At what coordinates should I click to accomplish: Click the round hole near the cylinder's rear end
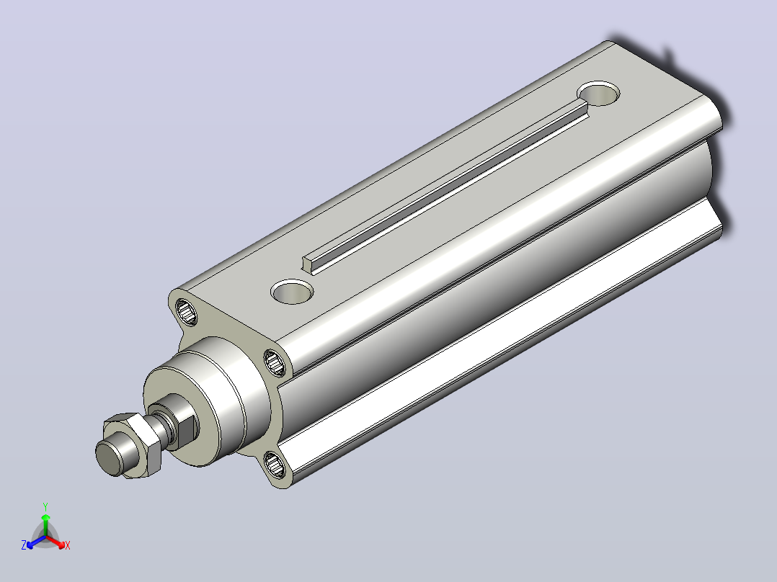tap(598, 93)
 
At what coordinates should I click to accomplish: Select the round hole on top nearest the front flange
tap(293, 291)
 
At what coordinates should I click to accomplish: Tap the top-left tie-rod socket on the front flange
tap(186, 311)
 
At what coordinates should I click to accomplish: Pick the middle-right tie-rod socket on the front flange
tap(275, 362)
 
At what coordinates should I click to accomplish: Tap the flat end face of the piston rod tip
tap(109, 457)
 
